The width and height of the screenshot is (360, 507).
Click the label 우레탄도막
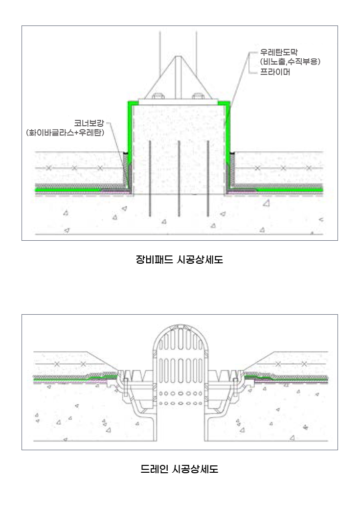point(279,52)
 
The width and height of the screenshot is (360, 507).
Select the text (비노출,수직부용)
point(290,62)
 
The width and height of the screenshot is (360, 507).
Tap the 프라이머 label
point(275,72)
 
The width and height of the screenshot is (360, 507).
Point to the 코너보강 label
point(89,123)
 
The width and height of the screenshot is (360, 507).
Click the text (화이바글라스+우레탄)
point(65,133)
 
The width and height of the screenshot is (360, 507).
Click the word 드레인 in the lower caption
point(154,469)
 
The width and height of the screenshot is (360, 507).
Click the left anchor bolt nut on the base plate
point(157,96)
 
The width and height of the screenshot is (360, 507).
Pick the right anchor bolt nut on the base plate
point(198,96)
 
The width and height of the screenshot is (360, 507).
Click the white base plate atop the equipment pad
point(178,101)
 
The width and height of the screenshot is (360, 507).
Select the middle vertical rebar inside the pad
point(179,179)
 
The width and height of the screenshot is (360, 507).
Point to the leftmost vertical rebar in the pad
point(150,179)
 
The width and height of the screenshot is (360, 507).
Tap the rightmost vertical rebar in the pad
point(207,179)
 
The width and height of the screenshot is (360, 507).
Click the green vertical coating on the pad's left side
point(130,133)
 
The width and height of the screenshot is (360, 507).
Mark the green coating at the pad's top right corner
point(225,103)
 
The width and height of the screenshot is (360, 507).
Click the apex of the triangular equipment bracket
point(178,56)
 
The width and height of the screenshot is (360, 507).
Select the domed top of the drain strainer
point(179,336)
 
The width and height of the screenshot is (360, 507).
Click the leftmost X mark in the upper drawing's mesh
point(49,168)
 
